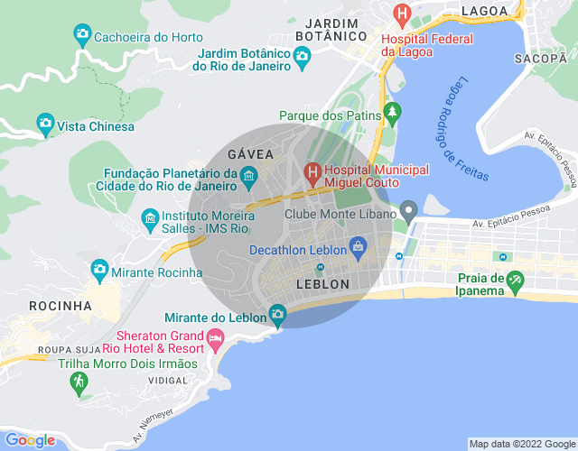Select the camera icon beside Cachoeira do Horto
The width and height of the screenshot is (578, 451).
pos(82,36)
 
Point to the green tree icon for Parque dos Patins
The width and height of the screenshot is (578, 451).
pos(391,113)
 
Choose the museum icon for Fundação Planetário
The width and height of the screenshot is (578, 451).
pos(249,174)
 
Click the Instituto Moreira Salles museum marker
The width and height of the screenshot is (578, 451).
pos(150,217)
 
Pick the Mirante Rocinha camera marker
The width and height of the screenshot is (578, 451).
pos(99,269)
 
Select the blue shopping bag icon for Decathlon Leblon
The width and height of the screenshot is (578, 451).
pos(358,245)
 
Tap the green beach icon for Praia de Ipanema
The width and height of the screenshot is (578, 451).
pos(515,281)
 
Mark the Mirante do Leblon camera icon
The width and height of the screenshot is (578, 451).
pos(277,314)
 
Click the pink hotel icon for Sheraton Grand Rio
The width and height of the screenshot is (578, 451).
pos(214,339)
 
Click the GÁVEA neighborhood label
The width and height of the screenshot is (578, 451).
pos(250,154)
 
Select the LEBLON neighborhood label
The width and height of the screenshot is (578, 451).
pos(322,284)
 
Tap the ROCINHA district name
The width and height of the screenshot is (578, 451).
pos(61,306)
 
